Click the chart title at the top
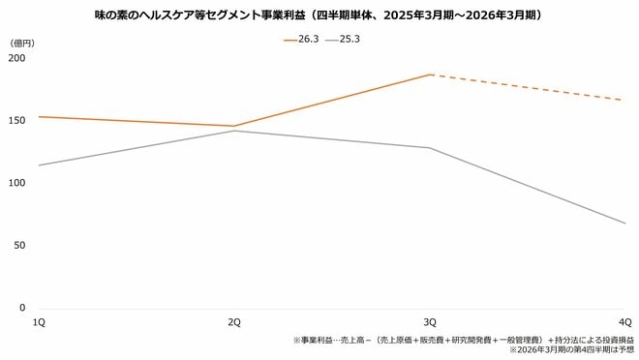[x=319, y=15]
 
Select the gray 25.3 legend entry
[x=346, y=40]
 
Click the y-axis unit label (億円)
[x=22, y=44]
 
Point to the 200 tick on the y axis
[x=16, y=58]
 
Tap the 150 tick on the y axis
[x=16, y=121]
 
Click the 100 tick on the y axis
[x=16, y=183]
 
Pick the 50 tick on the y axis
[x=19, y=246]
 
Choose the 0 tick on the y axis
[x=21, y=308]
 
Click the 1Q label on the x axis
[x=40, y=321]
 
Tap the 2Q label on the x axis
[x=234, y=321]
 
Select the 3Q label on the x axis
[x=430, y=321]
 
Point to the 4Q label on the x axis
[x=624, y=321]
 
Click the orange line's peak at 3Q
[x=430, y=75]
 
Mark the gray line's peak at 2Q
[x=234, y=131]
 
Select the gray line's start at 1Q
[x=40, y=165]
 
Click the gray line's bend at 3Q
[x=430, y=148]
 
